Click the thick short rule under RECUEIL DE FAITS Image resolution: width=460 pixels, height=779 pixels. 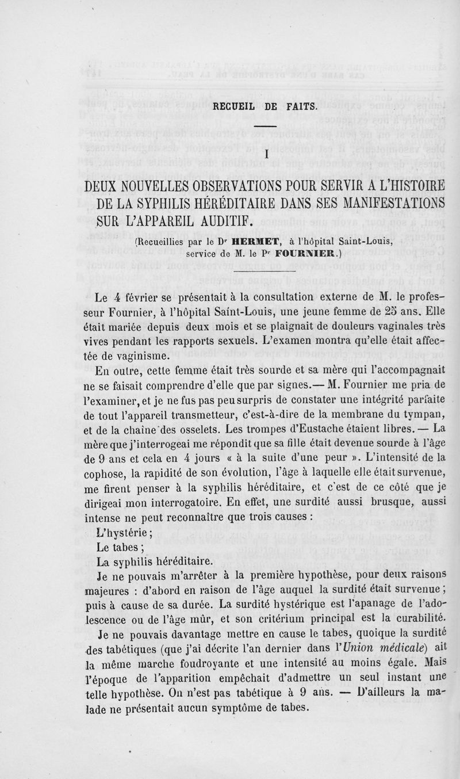[x=266, y=126]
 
